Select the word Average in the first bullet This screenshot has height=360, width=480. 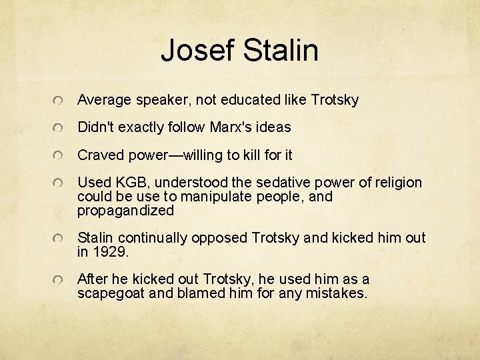tap(104, 100)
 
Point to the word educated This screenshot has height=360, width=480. tap(244, 100)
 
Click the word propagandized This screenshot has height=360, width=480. tap(125, 211)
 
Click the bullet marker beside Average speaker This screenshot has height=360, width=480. tap(60, 101)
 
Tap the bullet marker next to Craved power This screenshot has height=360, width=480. tap(60, 156)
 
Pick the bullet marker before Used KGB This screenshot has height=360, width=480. tap(60, 183)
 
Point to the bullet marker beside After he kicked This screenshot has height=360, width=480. tap(60, 280)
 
